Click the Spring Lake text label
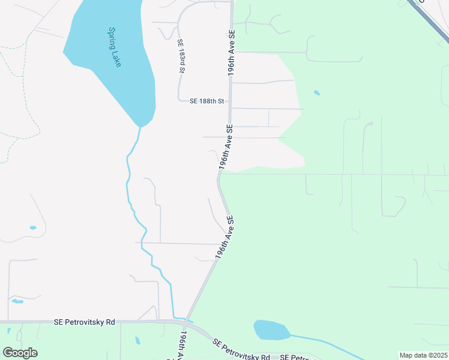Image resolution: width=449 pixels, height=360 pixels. coord(115,47)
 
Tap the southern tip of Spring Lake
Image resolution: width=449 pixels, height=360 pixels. coord(140,125)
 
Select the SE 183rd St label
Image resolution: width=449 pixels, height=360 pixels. coord(181,56)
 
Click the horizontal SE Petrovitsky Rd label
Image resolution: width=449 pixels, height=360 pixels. coord(84,322)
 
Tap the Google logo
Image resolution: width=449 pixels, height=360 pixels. coord(20,353)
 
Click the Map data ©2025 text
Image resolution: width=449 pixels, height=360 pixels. coord(423,355)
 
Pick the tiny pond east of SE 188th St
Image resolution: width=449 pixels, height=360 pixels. coord(316,93)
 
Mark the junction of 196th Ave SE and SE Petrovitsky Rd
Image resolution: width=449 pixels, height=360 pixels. coord(186,322)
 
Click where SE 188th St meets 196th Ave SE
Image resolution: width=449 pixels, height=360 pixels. coord(230,101)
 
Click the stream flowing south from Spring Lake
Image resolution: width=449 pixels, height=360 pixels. coord(128,180)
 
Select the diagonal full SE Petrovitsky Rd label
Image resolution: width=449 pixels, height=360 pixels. coord(240,350)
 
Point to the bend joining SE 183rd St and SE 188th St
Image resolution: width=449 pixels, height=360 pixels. coord(179,98)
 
